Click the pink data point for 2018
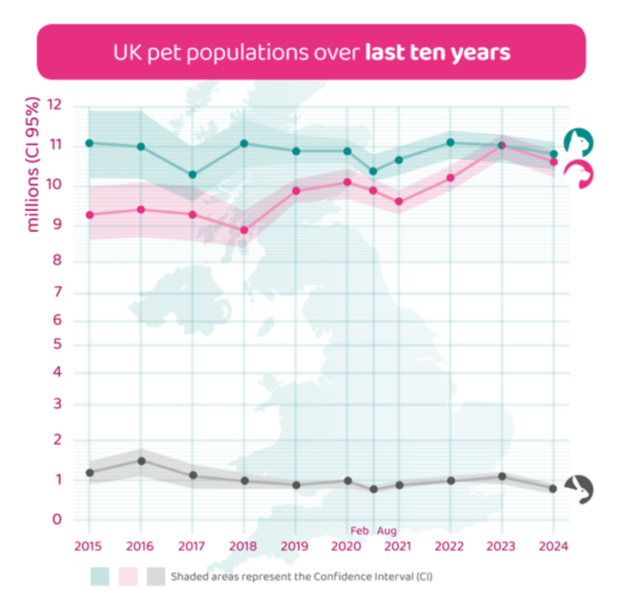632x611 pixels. (244, 230)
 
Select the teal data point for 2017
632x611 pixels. (192, 174)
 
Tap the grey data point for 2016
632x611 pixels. (142, 461)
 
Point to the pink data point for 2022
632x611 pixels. (451, 178)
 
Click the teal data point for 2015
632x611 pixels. (90, 143)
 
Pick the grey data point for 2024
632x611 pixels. (553, 488)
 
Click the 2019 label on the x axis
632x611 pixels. (294, 546)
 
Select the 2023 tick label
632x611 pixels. (501, 546)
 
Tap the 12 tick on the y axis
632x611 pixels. (55, 105)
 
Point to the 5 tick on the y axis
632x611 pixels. (57, 344)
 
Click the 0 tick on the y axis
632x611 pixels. (57, 519)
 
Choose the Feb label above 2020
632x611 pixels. (359, 531)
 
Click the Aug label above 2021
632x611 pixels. (387, 531)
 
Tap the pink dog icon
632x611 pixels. (579, 174)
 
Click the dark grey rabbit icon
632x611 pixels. (580, 489)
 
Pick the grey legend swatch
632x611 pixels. (156, 576)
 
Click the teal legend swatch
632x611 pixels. (100, 576)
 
